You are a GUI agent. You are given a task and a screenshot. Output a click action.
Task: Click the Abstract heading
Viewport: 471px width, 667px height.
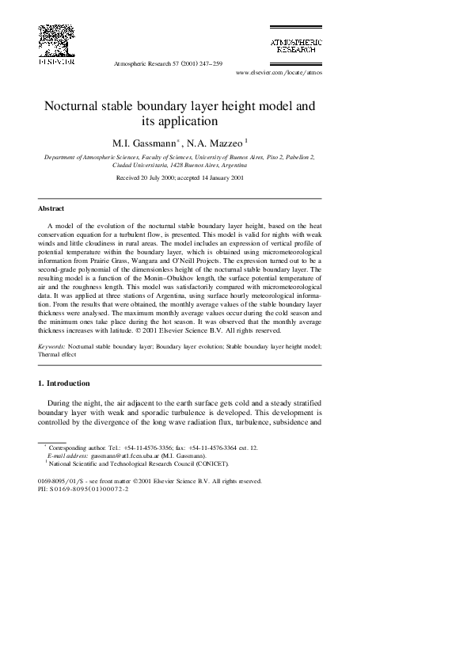coord(51,208)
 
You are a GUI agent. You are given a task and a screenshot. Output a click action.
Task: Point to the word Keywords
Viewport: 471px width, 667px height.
coord(51,347)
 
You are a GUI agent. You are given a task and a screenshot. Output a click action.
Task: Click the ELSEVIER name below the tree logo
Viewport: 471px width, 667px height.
coord(56,61)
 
